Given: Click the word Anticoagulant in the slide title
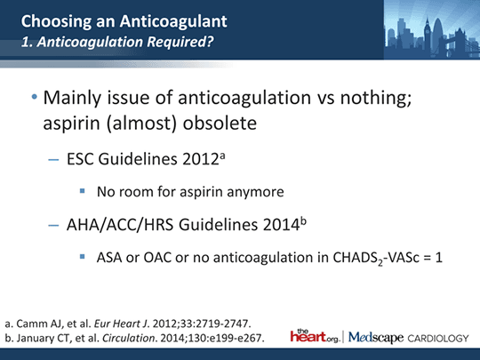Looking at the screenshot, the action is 173,21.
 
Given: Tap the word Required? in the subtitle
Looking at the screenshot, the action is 180,42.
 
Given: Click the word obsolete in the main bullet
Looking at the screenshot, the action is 220,123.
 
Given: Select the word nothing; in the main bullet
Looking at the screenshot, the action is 376,98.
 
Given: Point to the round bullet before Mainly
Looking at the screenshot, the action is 35,98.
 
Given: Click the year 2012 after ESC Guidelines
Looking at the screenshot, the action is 201,159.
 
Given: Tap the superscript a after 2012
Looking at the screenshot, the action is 222,156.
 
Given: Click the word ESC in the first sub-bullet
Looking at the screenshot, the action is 80,159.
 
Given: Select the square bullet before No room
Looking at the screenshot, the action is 82,191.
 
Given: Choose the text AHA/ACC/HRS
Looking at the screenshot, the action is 120,225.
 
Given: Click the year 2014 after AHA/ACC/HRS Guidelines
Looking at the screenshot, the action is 281,225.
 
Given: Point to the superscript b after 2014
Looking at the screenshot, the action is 303,221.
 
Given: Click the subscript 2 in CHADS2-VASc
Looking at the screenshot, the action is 380,262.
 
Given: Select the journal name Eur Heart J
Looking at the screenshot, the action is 122,324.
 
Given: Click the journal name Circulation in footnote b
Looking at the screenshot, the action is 129,339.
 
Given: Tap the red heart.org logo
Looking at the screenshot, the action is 315,336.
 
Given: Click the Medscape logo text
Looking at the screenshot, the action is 376,338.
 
